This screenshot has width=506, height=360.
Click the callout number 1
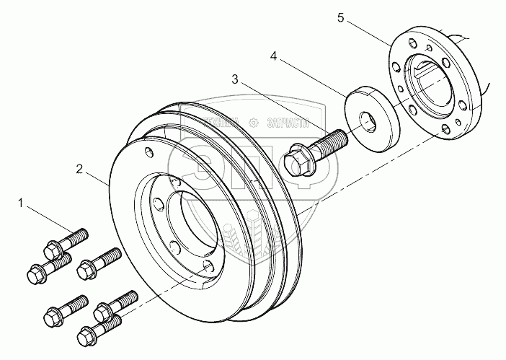pyautogui.click(x=25, y=206)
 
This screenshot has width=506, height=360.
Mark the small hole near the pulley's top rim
pyautogui.click(x=148, y=153)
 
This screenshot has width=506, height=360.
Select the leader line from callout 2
pyautogui.click(x=98, y=178)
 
